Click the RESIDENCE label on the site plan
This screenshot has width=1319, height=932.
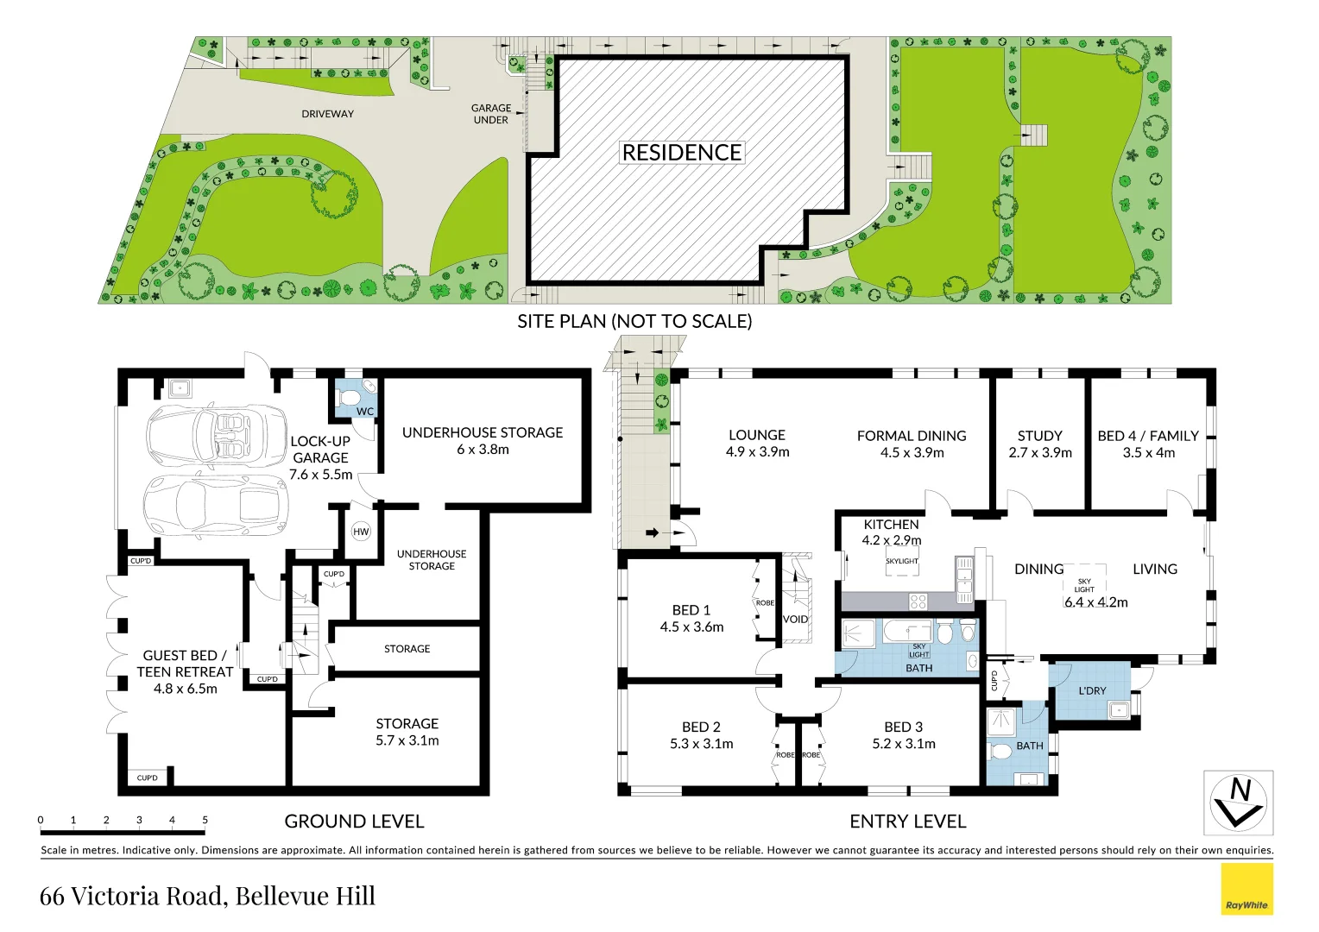(x=682, y=153)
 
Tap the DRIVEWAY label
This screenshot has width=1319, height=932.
(x=327, y=114)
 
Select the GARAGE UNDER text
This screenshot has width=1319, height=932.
(x=490, y=114)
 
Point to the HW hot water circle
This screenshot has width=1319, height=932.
(x=361, y=532)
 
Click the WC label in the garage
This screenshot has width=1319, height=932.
(x=365, y=412)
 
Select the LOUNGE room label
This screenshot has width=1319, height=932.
(x=757, y=436)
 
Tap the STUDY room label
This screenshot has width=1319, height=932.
(x=1039, y=436)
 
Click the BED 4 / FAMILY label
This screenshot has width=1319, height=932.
(x=1148, y=436)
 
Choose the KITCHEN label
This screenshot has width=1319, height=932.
(x=891, y=525)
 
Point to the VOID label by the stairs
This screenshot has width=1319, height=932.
(x=795, y=620)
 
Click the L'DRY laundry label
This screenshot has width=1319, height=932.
(x=1092, y=690)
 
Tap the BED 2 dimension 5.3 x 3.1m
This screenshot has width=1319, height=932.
(x=701, y=744)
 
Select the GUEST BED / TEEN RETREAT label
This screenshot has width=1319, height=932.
(x=185, y=664)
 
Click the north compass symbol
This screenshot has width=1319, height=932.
(x=1238, y=803)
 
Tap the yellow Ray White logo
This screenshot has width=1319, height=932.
(x=1246, y=889)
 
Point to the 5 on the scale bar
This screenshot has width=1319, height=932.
(x=205, y=820)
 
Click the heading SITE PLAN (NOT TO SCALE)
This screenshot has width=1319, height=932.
(x=634, y=322)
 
